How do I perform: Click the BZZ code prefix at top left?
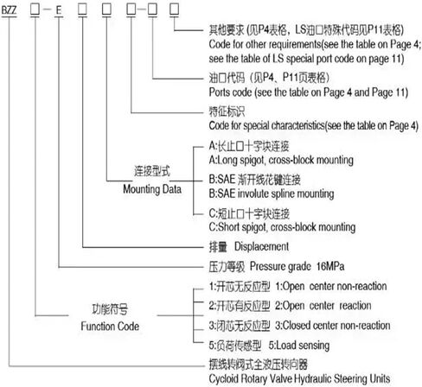coord(9,10)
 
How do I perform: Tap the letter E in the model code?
coord(59,10)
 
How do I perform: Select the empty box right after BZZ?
coord(35,9)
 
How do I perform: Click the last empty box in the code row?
coord(174,9)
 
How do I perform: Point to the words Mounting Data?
coord(152,189)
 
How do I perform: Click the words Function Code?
coord(110,327)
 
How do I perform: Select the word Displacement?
coord(261,246)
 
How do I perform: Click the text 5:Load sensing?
coord(299,346)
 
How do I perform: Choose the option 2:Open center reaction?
coord(323,306)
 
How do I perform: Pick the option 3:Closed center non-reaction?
coord(333,326)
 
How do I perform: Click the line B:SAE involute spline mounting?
coord(272,193)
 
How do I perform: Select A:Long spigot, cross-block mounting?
coord(281,160)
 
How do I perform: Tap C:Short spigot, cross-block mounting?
coord(282,227)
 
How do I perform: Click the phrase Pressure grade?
coord(280,266)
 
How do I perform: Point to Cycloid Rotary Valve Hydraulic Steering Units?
coord(299,378)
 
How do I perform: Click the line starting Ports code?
coord(309,92)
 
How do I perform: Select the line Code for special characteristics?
coord(314,125)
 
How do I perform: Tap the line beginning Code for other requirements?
coord(315,44)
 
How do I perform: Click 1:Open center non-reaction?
coord(331,286)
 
